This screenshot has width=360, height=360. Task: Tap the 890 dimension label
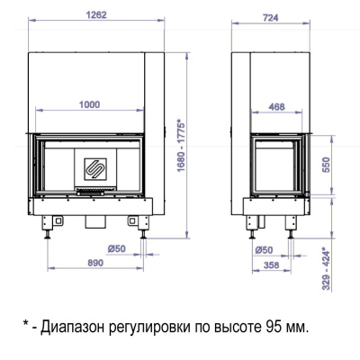click(x=83, y=263)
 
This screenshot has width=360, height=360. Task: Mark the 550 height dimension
click(x=328, y=165)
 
